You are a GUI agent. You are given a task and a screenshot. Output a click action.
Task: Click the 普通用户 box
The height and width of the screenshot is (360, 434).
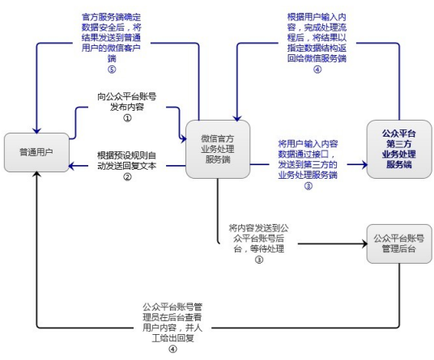point(36,151)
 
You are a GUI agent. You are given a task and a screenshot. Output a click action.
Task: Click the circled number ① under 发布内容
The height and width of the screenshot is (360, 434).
point(127,117)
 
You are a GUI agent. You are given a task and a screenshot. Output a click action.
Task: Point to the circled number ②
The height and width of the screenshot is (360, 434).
point(127,178)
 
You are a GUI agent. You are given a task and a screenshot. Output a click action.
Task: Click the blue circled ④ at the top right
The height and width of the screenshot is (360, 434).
point(317,69)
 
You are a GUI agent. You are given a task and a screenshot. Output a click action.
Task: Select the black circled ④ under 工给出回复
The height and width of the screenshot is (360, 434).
point(172,349)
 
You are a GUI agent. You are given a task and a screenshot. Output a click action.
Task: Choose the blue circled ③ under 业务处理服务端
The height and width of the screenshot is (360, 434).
point(308,185)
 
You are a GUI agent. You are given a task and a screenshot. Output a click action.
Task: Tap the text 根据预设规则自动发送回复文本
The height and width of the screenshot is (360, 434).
point(127,161)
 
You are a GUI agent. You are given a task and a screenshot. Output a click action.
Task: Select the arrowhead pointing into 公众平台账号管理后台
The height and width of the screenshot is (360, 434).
point(362,243)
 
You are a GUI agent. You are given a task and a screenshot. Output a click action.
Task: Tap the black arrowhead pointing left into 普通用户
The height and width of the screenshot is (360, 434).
point(72,167)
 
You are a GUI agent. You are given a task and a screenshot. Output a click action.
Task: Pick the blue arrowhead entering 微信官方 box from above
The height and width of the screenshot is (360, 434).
point(236,116)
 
